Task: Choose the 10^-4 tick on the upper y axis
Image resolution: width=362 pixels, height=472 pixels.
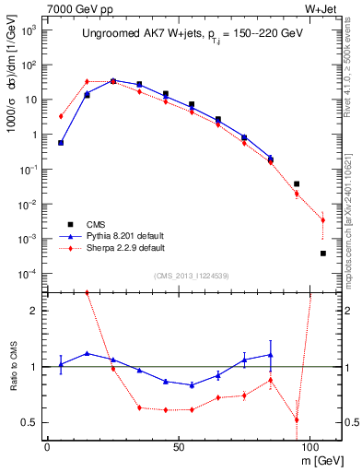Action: click(x=29, y=274)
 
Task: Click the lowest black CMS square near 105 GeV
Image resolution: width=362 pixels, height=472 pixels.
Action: click(x=323, y=254)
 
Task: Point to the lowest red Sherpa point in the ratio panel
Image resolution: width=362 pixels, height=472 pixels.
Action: click(x=297, y=419)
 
